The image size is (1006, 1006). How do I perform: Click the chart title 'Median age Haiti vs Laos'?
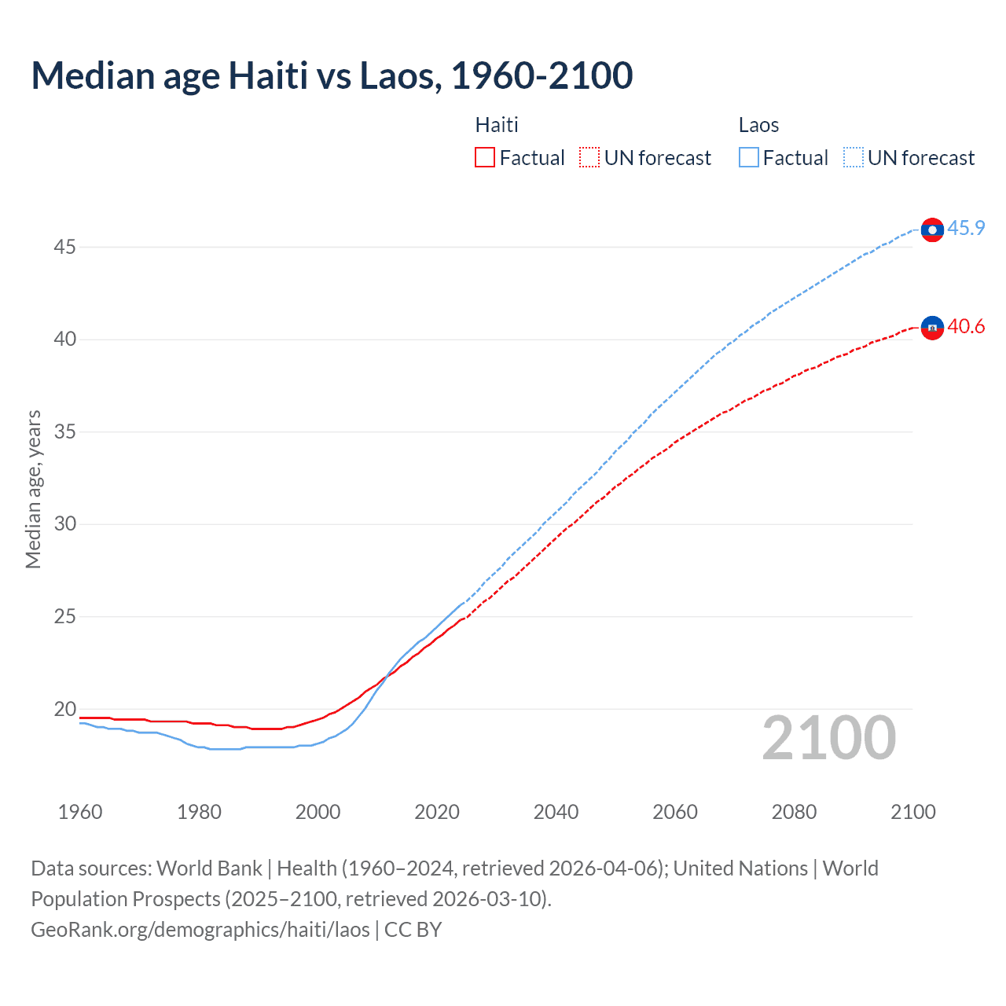331,76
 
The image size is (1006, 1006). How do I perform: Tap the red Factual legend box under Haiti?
485,158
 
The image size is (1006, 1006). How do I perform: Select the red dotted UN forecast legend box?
589,158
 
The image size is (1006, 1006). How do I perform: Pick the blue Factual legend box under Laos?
749,158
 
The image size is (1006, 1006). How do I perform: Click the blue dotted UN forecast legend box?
854,158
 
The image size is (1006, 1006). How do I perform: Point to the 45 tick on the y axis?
64,248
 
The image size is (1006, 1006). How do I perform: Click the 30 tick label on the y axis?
64,524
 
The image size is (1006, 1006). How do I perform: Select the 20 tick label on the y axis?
64,710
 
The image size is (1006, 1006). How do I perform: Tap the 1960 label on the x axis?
80,813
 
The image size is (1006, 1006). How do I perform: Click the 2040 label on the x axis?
556,813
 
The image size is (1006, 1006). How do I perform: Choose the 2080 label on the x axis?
794,813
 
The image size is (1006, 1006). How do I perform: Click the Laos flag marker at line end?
932,229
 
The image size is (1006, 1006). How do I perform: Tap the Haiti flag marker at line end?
932,327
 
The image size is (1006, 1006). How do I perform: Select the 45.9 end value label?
966,229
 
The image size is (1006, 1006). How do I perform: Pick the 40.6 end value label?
966,327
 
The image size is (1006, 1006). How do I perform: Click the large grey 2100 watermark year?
829,738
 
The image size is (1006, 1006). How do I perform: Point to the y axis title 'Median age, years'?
33,489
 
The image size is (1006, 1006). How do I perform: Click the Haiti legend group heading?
497,126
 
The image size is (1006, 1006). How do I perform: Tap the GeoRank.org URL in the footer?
200,930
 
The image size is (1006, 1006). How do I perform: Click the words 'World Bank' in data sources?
209,868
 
